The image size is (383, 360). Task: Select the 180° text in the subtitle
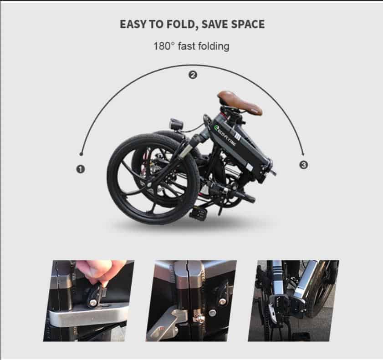[164, 46]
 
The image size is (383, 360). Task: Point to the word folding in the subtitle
[214, 46]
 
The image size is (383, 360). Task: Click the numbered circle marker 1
[80, 169]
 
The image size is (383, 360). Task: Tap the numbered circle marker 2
[193, 75]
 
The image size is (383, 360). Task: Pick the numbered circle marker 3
[304, 165]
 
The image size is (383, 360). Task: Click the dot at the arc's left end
[81, 154]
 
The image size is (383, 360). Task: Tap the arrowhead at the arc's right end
[303, 154]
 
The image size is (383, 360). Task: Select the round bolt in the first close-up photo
[93, 303]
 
